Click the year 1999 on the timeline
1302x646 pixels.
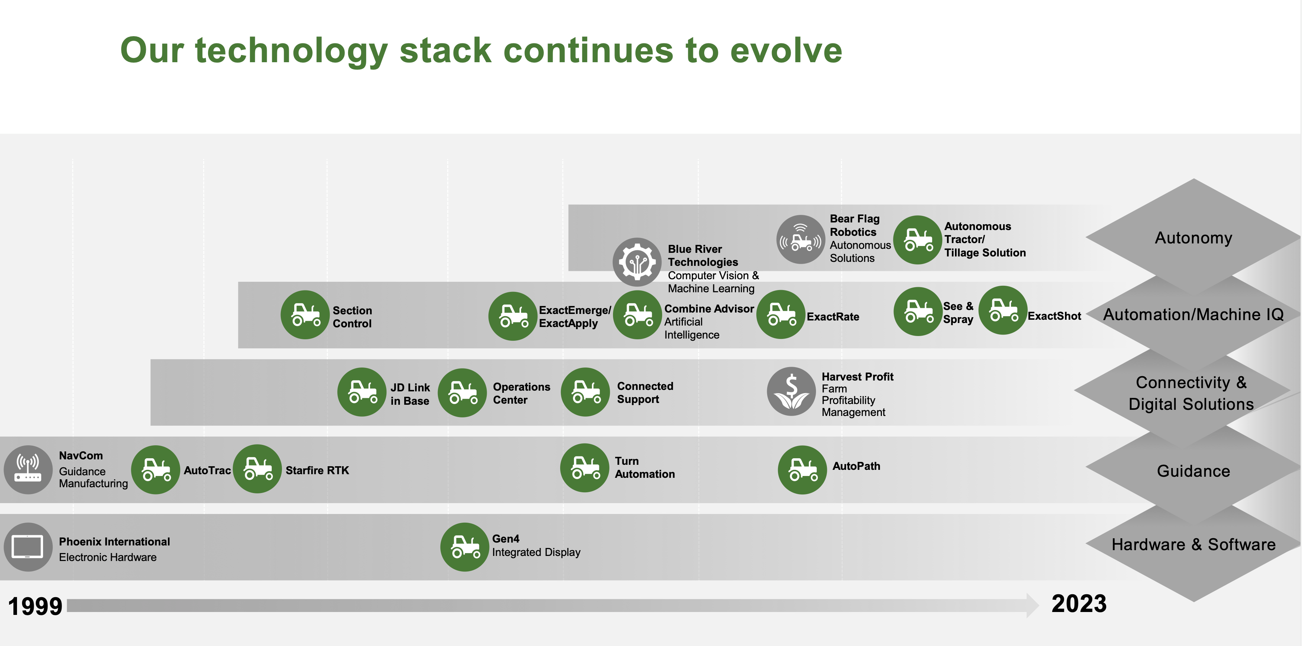pos(35,606)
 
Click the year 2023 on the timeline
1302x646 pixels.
pos(1079,604)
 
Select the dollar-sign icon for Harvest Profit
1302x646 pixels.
pos(791,391)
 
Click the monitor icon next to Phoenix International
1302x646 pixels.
pos(28,547)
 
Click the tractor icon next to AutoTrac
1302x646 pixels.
pos(156,470)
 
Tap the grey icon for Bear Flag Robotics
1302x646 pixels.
pos(800,239)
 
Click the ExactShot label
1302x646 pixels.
pos(1054,316)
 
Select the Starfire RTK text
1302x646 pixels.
pos(317,470)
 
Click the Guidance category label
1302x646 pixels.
pos(1193,471)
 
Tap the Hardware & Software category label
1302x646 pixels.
pos(1193,544)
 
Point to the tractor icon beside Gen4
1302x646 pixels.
pos(465,547)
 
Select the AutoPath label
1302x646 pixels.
pos(856,466)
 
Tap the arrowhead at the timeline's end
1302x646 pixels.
pos(1033,605)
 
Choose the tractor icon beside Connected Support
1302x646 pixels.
pos(585,392)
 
